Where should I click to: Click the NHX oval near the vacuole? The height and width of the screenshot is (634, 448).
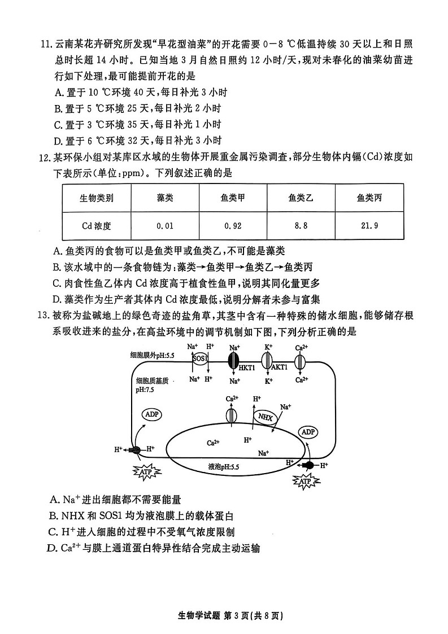(264, 418)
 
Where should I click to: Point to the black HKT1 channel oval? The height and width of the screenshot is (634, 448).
(233, 360)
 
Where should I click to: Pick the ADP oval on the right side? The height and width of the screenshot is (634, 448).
(308, 432)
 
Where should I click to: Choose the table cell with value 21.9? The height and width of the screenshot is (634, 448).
(368, 226)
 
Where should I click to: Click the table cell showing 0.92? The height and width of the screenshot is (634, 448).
(233, 226)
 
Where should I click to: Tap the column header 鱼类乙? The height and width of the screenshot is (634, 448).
(301, 198)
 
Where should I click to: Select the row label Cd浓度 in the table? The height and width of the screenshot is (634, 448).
(97, 226)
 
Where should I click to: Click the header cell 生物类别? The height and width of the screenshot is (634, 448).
(97, 198)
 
